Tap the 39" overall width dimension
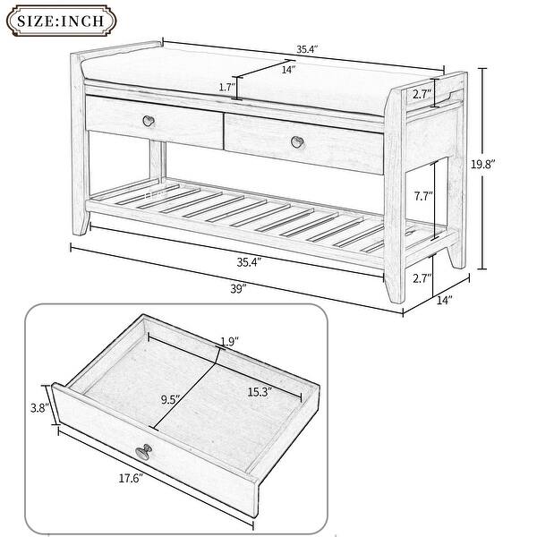(236, 287)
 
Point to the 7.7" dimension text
(412, 196)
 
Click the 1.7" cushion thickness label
(226, 87)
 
